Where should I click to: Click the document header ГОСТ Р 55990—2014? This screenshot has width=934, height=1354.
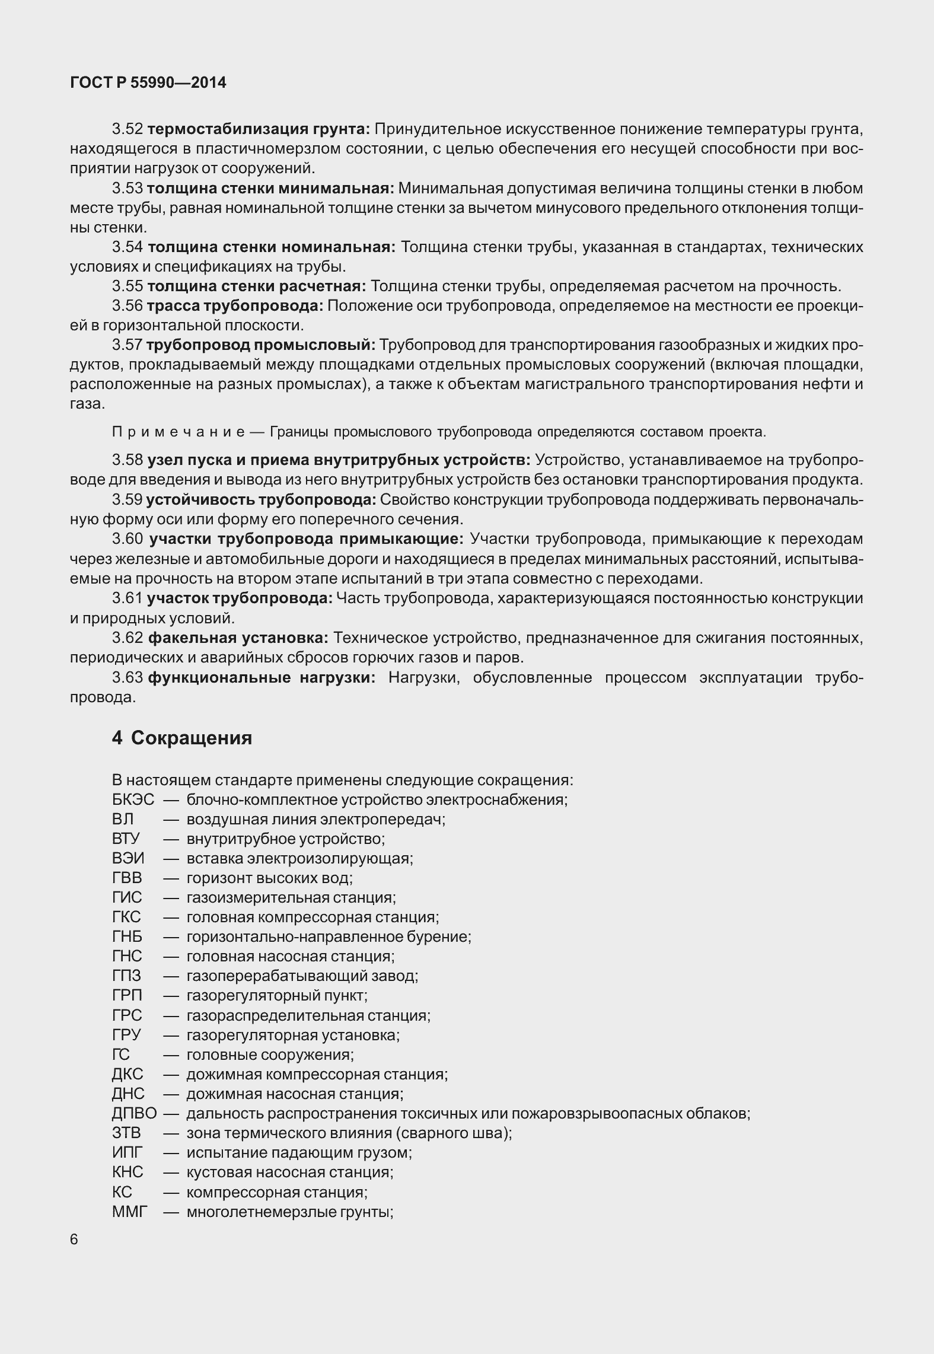(x=148, y=83)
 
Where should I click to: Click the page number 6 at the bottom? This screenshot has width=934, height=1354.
(x=74, y=1240)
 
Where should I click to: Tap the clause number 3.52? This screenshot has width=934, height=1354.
(x=127, y=129)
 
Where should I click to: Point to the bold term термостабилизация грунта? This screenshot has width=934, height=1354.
(x=259, y=129)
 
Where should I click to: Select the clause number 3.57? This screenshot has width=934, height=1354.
(x=127, y=345)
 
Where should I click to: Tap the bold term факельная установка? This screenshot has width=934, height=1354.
(x=238, y=638)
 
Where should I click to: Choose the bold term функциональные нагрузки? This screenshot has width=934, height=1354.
(x=262, y=677)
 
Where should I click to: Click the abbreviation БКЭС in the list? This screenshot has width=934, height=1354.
(x=133, y=799)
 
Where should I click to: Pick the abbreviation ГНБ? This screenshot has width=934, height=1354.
(x=127, y=936)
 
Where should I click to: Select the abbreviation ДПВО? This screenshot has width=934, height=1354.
(x=134, y=1113)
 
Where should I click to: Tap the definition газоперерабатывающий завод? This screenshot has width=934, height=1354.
(x=302, y=976)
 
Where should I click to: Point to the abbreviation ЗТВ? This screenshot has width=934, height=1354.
(x=126, y=1133)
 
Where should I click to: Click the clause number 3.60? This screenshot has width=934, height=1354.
(x=127, y=539)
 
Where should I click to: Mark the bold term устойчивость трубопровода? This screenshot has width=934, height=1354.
(x=261, y=500)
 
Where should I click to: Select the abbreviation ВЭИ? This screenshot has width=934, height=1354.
(x=127, y=858)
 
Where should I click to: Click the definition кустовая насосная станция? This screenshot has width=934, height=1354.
(x=289, y=1172)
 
